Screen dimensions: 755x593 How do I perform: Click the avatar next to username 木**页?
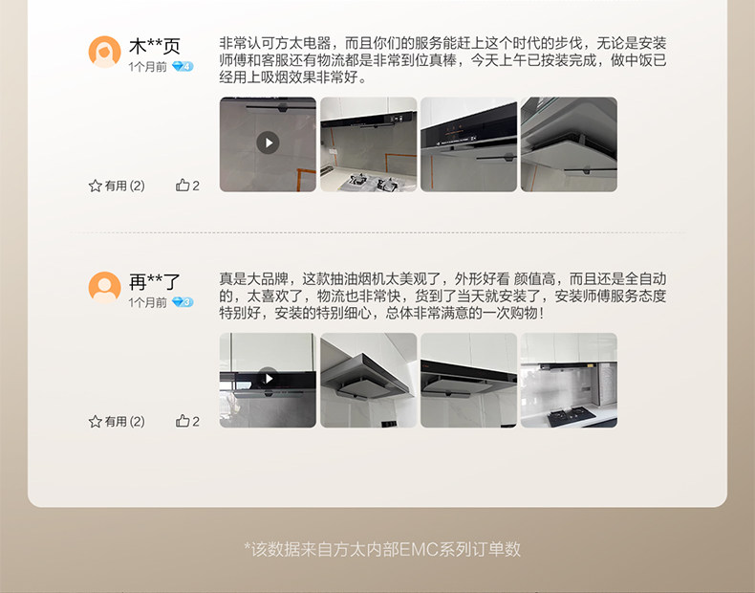coord(104,52)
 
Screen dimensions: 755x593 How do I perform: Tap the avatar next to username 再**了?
coord(104,288)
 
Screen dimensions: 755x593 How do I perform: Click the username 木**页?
coord(155,46)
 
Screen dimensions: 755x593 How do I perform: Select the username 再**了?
coord(155,282)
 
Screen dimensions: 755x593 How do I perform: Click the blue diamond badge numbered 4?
coord(183,67)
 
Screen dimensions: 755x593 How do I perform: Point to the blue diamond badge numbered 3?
coord(183,302)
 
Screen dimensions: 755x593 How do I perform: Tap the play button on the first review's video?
coord(268,143)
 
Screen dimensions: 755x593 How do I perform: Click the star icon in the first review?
coord(95,186)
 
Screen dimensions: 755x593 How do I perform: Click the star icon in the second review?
coord(95,422)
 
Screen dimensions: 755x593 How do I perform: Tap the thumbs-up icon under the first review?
coord(183,185)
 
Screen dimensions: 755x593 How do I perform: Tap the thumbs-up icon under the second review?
coord(183,421)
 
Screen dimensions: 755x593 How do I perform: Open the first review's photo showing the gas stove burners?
coord(368,144)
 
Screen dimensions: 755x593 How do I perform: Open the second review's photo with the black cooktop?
coord(569,380)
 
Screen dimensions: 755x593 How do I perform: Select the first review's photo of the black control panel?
coord(468,144)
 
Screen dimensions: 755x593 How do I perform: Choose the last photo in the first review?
coord(569,144)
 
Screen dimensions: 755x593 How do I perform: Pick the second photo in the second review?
coord(368,380)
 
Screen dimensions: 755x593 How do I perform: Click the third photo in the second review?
coord(468,380)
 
